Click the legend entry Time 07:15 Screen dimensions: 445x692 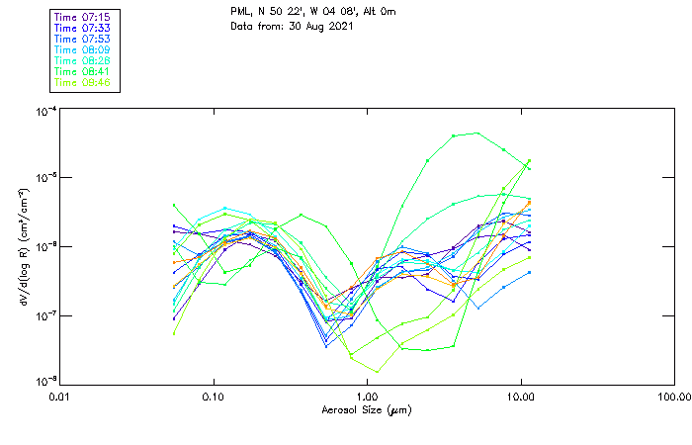click(x=82, y=18)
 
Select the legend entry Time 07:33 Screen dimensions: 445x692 click(x=82, y=29)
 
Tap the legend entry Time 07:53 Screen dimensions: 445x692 click(x=82, y=40)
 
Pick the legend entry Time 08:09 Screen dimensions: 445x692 click(x=82, y=49)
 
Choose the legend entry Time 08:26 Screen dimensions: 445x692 click(x=82, y=60)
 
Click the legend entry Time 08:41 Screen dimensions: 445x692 click(x=82, y=71)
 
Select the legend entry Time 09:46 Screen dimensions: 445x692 click(x=82, y=82)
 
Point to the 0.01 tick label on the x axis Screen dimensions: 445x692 click(x=59, y=397)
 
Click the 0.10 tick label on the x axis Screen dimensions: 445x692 click(x=213, y=397)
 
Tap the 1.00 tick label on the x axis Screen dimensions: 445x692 click(x=367, y=397)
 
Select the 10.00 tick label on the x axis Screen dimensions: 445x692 click(x=520, y=397)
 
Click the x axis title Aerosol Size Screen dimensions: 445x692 click(x=366, y=409)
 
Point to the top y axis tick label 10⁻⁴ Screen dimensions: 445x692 click(x=43, y=112)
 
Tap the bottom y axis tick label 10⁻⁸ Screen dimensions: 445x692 click(x=43, y=382)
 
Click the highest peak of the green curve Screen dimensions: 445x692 click(x=478, y=133)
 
